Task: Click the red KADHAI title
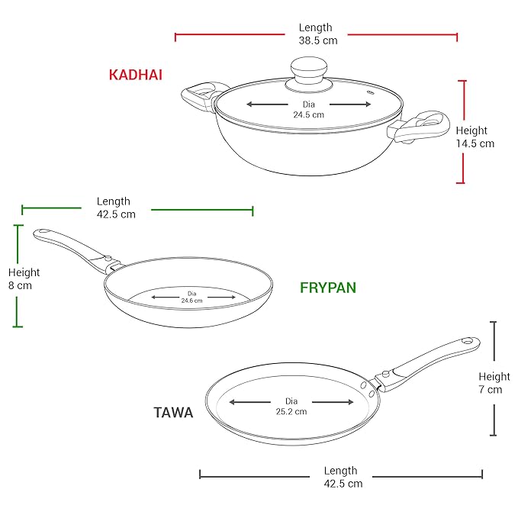pos(136,75)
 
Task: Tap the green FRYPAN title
pos(328,288)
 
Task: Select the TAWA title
pos(173,413)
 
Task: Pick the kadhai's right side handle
pos(419,127)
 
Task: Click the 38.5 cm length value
pos(318,40)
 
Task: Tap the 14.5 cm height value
pos(475,143)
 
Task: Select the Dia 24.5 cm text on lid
pos(308,110)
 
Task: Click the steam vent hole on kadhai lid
pos(371,93)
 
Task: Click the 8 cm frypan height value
pos(20,286)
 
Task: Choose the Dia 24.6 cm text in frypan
pos(191,297)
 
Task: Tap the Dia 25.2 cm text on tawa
pos(291,407)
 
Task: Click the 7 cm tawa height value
pos(491,390)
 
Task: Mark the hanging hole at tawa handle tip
pos(468,341)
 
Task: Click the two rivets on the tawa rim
pos(367,389)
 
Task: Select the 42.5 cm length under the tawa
pos(343,484)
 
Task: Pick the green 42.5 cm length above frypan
pos(116,214)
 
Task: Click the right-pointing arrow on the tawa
pos(333,402)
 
